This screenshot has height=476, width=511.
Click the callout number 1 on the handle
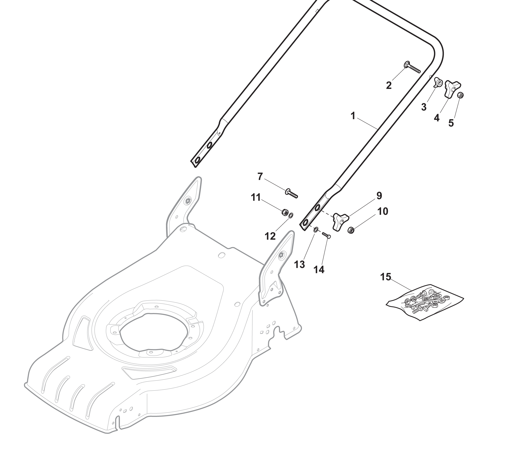pyautogui.click(x=353, y=116)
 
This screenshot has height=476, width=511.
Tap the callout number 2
pyautogui.click(x=389, y=85)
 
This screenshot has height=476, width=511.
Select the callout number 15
pyautogui.click(x=386, y=277)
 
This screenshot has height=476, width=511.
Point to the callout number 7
pyautogui.click(x=260, y=177)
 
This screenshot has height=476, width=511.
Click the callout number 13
pyautogui.click(x=299, y=264)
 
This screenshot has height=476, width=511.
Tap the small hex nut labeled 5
pyautogui.click(x=461, y=95)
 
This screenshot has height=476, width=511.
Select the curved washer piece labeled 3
pyautogui.click(x=438, y=83)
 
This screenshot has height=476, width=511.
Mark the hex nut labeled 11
pyautogui.click(x=284, y=213)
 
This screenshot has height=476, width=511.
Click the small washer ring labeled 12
pyautogui.click(x=291, y=215)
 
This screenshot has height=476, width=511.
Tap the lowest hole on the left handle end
pyautogui.click(x=197, y=161)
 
